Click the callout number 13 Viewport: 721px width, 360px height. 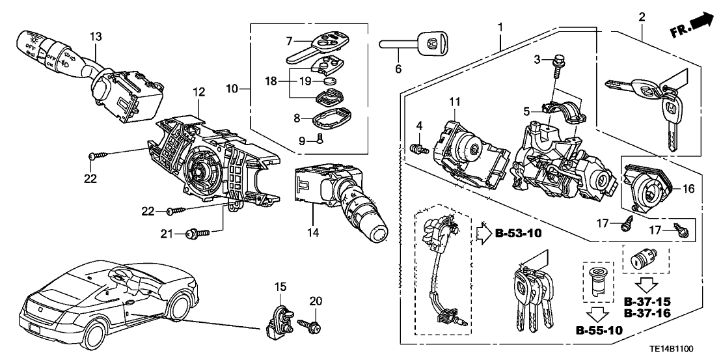pyautogui.click(x=96, y=37)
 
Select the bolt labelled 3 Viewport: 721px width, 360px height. pyautogui.click(x=557, y=64)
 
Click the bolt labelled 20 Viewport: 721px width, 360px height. pyautogui.click(x=309, y=324)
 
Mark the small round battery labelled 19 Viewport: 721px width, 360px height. pyautogui.click(x=331, y=81)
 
